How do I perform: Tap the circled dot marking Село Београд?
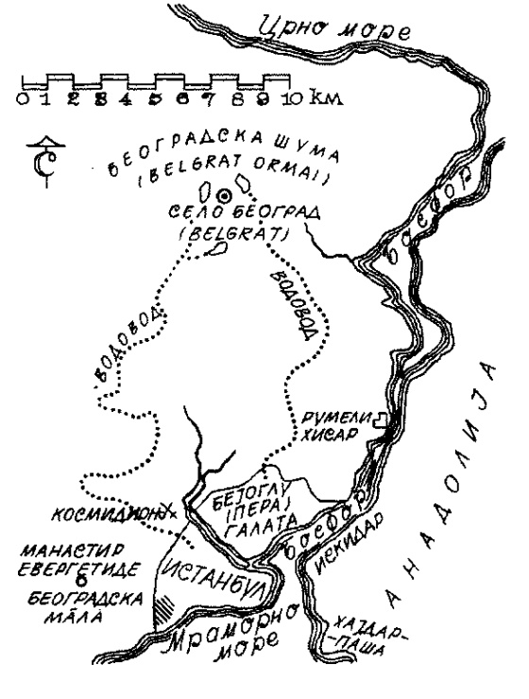tap(224, 195)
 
